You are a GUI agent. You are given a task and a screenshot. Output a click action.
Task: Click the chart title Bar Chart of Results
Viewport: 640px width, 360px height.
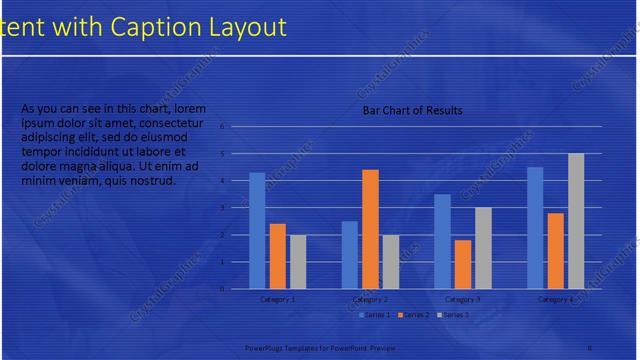coord(412,110)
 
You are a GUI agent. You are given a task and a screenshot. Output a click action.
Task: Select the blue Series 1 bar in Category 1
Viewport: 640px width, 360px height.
coord(257,230)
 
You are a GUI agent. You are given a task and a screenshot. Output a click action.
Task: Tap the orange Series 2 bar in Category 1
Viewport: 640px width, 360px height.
coord(277,256)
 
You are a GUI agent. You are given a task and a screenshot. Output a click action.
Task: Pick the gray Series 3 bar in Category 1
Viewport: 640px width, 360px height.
coord(297,261)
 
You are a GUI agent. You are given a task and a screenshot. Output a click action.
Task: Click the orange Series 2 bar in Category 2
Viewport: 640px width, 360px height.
coord(370,229)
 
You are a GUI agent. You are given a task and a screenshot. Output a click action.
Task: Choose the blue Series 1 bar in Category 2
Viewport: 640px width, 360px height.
coord(350,254)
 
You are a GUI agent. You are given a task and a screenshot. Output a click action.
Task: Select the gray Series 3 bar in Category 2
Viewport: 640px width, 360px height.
coord(390,261)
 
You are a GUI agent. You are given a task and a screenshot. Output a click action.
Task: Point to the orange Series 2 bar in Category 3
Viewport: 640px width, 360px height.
coord(462,264)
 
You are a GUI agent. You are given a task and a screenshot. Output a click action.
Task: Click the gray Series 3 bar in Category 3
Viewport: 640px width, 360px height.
coord(482,248)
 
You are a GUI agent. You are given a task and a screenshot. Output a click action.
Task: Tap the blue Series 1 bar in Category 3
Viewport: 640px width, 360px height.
coord(442,241)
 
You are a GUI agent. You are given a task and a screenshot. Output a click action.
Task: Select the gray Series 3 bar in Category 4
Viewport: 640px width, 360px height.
coord(576,221)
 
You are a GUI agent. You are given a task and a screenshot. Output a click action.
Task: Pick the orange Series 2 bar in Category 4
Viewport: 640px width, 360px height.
coord(556,250)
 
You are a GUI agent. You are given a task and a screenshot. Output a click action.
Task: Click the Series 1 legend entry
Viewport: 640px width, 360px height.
coord(375,315)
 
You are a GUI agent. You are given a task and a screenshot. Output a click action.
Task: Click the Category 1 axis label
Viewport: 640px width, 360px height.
coord(277,299)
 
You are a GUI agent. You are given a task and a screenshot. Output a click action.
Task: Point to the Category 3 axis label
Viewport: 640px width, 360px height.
coord(462,299)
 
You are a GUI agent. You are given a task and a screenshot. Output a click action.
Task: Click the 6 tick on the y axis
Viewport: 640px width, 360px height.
coord(223,126)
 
